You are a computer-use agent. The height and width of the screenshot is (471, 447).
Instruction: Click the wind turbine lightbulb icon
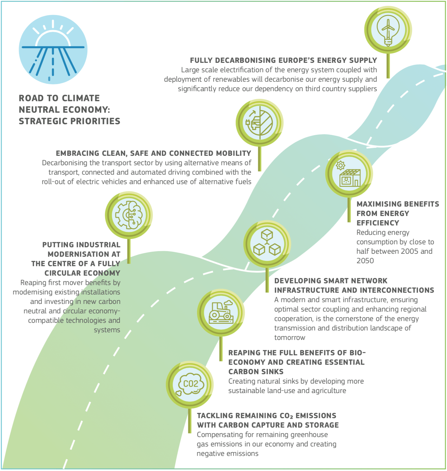[x=388, y=30]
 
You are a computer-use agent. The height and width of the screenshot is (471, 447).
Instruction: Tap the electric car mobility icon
[x=259, y=122]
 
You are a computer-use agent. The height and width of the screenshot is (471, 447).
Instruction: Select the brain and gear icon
[x=129, y=215]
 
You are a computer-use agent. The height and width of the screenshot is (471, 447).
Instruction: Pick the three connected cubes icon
[x=267, y=243]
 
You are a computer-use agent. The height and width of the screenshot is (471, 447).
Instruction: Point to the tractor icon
[x=221, y=312]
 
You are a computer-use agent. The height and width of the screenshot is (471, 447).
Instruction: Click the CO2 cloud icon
[x=190, y=384]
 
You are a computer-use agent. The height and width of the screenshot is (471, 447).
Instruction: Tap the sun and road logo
[x=53, y=50]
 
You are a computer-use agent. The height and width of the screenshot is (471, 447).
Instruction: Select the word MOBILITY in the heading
[x=234, y=153]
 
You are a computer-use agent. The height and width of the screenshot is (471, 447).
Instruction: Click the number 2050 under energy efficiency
[x=365, y=261]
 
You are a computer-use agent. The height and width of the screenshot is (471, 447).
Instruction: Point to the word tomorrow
[x=290, y=338]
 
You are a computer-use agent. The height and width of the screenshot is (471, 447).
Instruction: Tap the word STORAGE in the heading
[x=322, y=425]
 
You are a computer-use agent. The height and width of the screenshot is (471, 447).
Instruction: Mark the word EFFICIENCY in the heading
[x=378, y=223]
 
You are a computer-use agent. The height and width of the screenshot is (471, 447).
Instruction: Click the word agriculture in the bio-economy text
[x=329, y=391]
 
